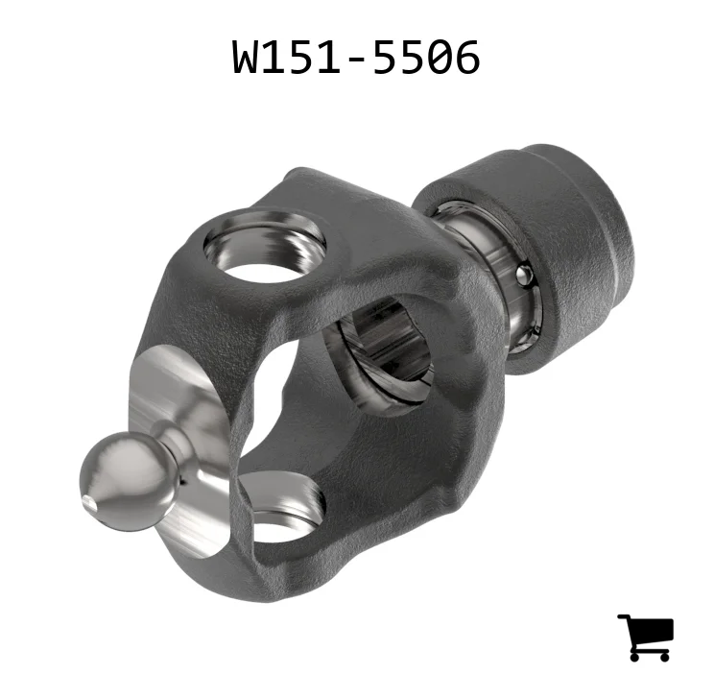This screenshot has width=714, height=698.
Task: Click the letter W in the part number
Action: click(x=249, y=57)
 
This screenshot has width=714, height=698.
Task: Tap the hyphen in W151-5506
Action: click(x=357, y=60)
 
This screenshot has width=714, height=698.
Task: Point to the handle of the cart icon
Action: click(x=624, y=617)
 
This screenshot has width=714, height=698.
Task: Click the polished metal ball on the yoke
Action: click(x=129, y=482)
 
